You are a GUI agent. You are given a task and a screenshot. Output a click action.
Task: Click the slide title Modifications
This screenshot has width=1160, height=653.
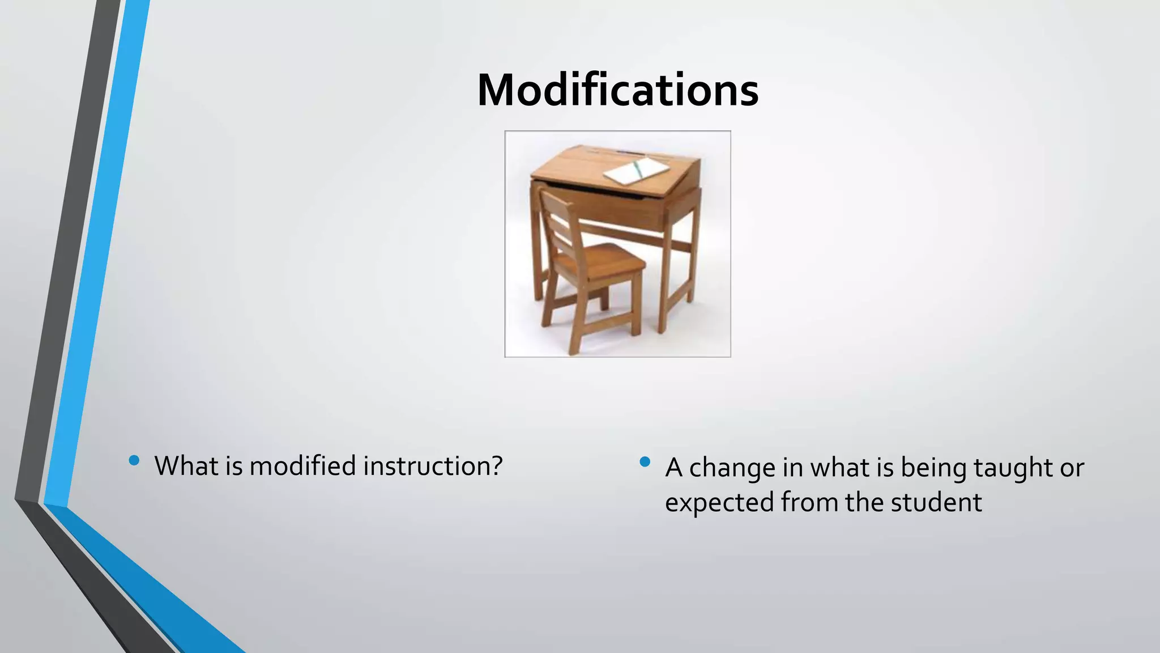tap(617, 91)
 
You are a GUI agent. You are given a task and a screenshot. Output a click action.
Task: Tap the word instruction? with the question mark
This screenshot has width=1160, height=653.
tap(433, 466)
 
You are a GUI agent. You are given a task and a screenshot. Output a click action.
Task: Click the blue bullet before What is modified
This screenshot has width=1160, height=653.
tap(134, 460)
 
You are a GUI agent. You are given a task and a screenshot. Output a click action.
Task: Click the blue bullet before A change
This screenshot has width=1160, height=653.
tap(645, 462)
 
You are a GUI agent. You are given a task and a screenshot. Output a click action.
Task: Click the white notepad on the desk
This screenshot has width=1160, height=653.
tap(636, 171)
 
